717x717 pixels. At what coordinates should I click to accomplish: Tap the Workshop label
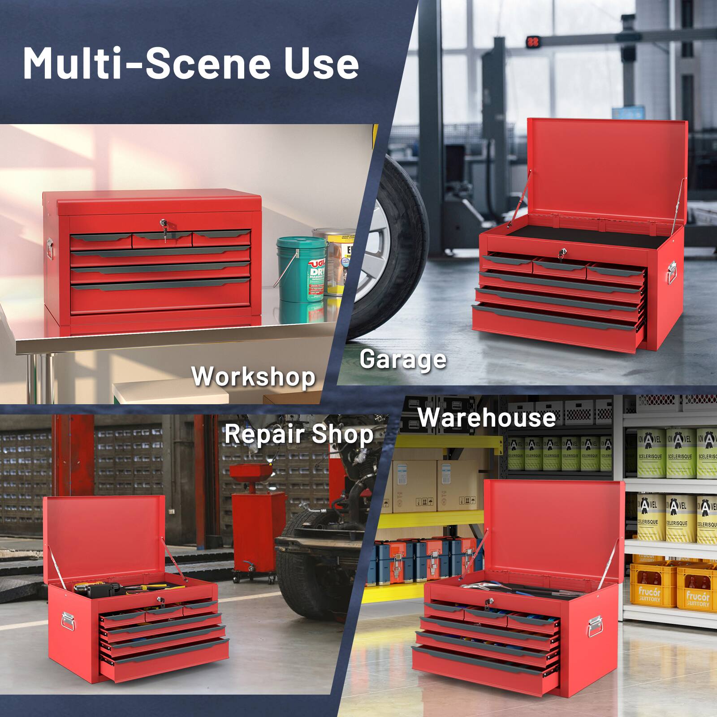coord(254,376)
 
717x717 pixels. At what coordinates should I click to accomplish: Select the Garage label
coord(403,359)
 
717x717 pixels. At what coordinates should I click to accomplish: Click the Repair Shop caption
coord(299,434)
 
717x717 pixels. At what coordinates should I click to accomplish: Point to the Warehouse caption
coord(486,418)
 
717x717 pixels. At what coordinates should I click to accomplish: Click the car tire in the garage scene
coord(394,251)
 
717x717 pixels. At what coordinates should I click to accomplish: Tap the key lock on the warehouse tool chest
coord(488,602)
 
